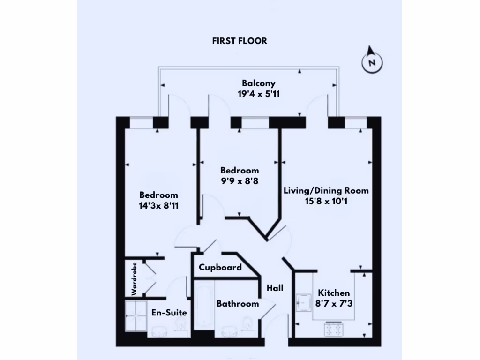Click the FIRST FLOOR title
(240, 41)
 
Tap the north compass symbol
(372, 62)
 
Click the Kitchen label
(334, 293)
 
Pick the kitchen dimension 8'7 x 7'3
(334, 303)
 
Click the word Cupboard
(220, 267)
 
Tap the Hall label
(275, 288)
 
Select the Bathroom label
(238, 304)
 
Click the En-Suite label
(169, 313)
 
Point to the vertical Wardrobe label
(134, 278)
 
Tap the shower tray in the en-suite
(136, 316)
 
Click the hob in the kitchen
(333, 330)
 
